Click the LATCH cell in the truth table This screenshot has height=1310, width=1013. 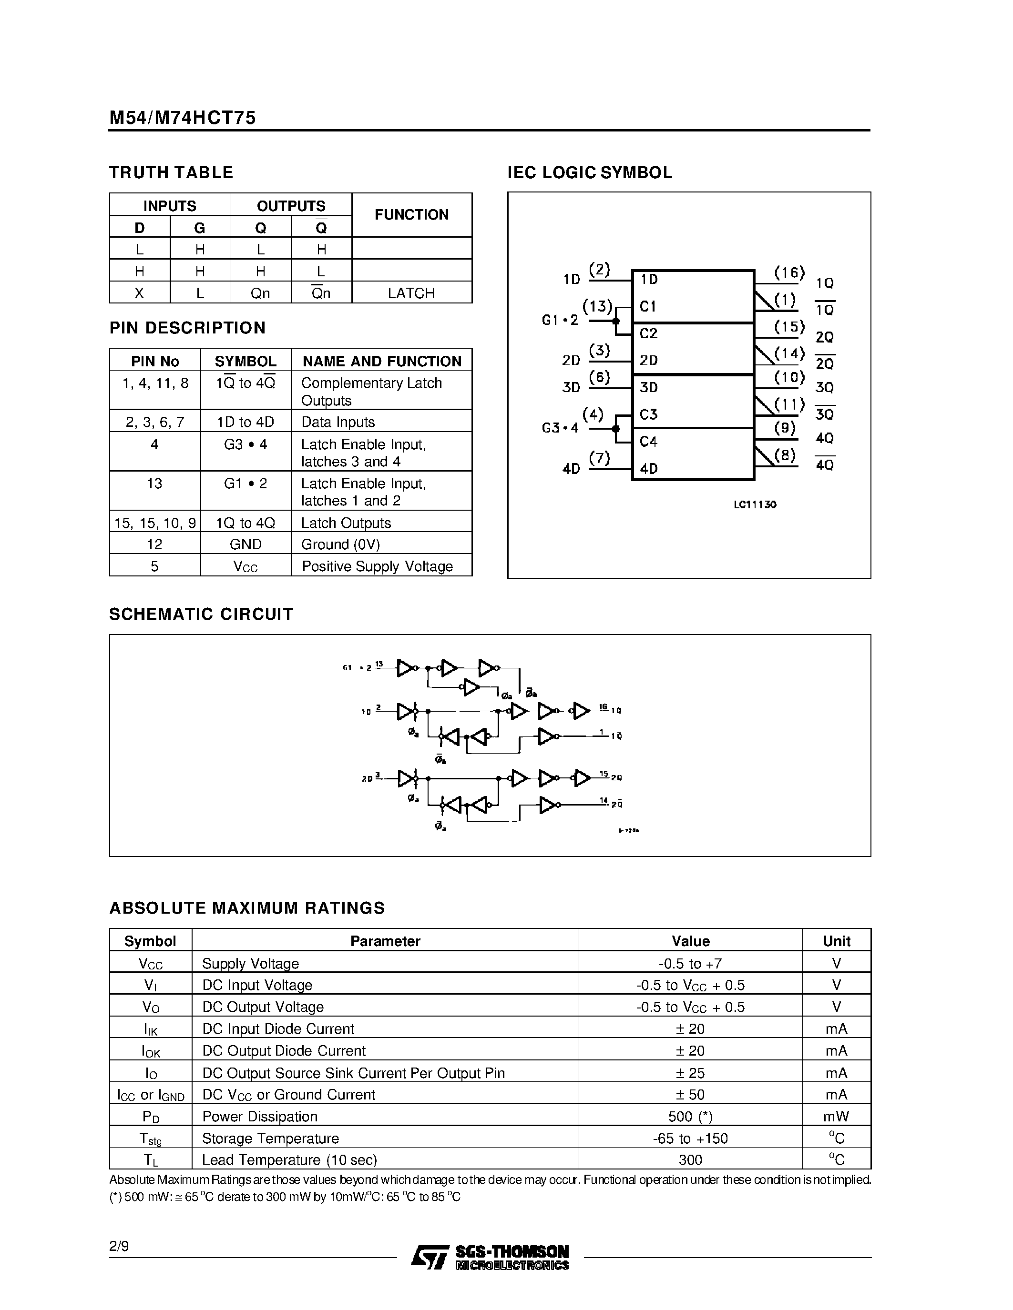click(411, 293)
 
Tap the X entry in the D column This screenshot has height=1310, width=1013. click(139, 293)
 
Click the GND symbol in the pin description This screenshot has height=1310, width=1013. click(246, 544)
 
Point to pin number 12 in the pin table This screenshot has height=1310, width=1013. click(154, 544)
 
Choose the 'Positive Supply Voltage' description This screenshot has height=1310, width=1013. click(377, 566)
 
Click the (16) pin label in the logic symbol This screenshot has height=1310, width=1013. click(788, 273)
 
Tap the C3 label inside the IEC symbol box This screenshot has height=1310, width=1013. click(649, 414)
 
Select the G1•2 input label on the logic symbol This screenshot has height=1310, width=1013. click(559, 320)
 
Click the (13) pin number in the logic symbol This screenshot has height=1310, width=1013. click(598, 306)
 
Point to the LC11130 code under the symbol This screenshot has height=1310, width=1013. click(755, 504)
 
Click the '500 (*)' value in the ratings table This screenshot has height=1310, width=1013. click(690, 1116)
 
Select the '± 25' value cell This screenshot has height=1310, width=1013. click(690, 1072)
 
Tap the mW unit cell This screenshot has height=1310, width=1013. click(836, 1116)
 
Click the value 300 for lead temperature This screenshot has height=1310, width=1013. click(690, 1160)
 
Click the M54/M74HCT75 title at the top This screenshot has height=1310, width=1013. click(183, 118)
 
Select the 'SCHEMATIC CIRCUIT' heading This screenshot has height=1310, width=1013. click(201, 614)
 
